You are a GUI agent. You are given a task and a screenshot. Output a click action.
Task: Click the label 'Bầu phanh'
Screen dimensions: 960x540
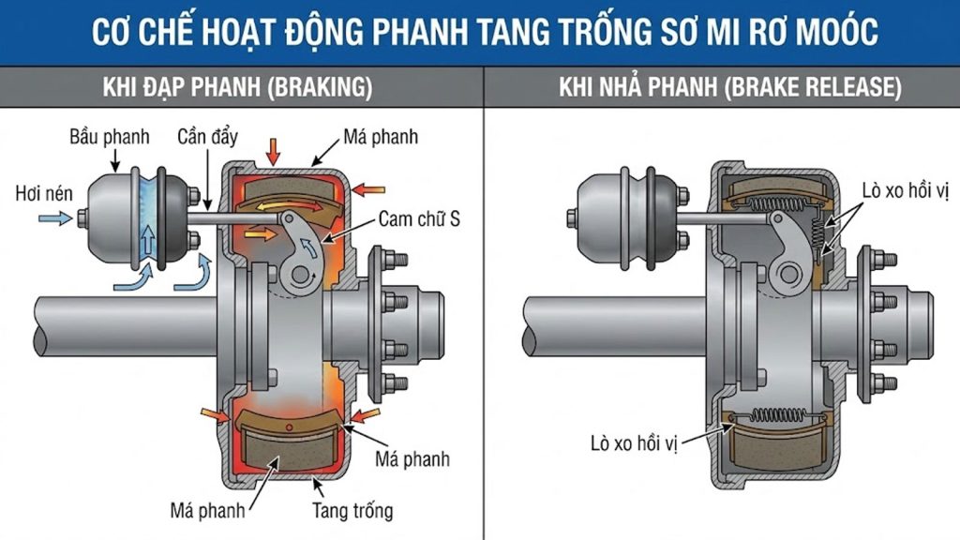110,137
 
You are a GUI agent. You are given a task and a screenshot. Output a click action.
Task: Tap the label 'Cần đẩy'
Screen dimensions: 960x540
207,137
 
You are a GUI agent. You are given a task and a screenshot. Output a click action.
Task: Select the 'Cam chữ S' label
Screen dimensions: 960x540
419,218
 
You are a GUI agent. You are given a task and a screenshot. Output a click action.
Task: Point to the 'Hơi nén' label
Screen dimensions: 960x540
44,193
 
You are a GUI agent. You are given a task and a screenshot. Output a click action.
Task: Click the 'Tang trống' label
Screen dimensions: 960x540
352,511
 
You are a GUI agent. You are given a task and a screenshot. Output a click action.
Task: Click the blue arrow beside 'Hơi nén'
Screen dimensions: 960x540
55,217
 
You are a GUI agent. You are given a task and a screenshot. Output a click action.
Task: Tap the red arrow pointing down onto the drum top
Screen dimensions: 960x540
273,151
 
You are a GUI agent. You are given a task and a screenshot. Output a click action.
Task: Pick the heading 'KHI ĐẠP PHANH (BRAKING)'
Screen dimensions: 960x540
237,87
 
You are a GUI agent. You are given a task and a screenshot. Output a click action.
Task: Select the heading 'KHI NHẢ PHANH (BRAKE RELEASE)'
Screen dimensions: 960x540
729,87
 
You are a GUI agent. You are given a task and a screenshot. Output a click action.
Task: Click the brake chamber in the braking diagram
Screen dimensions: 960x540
140,217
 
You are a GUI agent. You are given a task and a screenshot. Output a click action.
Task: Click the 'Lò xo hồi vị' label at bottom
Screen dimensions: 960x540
634,442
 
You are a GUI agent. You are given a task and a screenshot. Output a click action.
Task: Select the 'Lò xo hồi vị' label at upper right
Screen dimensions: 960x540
905,190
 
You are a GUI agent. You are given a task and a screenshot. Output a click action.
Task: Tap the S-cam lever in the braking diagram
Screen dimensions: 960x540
298,252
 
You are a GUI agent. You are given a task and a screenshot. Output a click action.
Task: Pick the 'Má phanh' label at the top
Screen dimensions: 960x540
381,137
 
